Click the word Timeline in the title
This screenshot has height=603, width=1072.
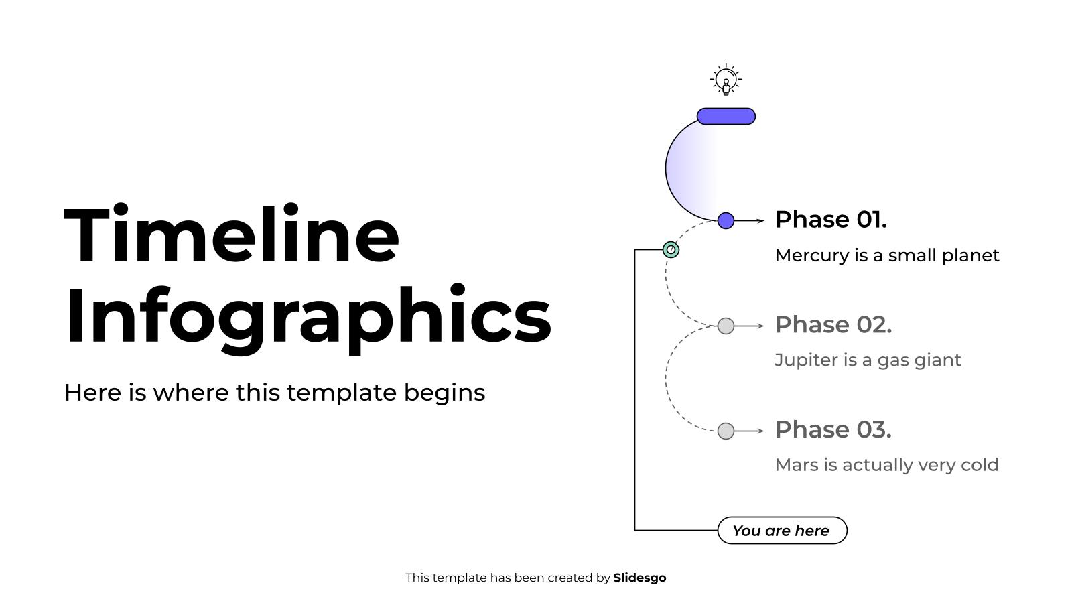point(231,236)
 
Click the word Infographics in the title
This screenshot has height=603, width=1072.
point(308,315)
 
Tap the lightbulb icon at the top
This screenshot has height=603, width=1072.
point(726,80)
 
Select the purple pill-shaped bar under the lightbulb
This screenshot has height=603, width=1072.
point(726,117)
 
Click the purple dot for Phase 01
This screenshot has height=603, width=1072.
point(726,220)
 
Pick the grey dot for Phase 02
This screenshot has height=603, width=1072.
point(726,326)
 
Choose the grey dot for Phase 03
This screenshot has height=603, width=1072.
point(726,431)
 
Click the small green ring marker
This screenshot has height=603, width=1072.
point(671,249)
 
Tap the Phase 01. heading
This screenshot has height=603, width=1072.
point(830,220)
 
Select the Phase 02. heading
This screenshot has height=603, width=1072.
point(833,325)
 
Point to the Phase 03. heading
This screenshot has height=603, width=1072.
point(833,430)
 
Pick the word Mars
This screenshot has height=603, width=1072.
point(792,465)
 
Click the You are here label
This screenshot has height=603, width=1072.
point(782,531)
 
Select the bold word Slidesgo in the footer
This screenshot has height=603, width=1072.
point(639,578)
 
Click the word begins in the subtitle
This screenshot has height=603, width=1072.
point(444,393)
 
